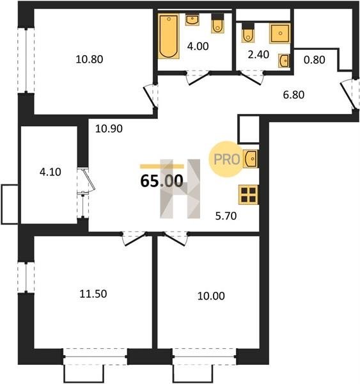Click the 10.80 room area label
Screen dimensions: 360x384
click(x=90, y=60)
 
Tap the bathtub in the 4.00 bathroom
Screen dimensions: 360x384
click(x=169, y=36)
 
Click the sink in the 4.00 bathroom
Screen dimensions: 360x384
click(x=192, y=20)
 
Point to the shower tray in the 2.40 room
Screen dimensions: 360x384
click(x=280, y=33)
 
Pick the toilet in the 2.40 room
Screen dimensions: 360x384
click(x=248, y=33)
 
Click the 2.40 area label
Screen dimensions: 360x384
click(x=258, y=54)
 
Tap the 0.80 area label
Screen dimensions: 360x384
click(x=314, y=60)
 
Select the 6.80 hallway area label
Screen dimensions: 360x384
click(x=293, y=95)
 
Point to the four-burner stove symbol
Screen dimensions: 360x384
click(x=249, y=195)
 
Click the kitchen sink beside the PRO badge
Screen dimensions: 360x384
click(x=251, y=159)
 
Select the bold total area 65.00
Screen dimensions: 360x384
click(x=162, y=181)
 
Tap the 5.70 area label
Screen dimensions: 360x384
click(x=226, y=216)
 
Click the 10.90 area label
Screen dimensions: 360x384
click(x=109, y=129)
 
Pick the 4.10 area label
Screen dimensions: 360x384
click(x=50, y=172)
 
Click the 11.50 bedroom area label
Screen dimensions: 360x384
click(x=93, y=294)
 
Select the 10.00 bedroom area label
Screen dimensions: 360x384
click(x=211, y=296)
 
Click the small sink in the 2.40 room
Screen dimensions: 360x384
click(x=284, y=61)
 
